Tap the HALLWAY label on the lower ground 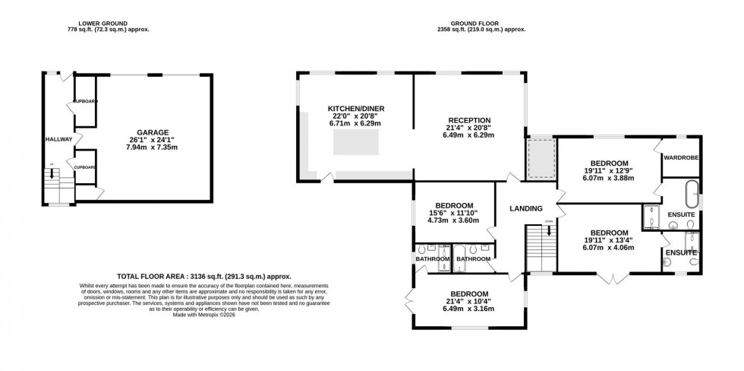58,139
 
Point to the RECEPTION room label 469,120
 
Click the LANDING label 525,208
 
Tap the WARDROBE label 681,157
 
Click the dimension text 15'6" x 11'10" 455,213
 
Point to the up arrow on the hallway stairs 52,173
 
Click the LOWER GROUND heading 108,23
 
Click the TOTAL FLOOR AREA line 204,277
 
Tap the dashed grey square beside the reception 541,158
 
